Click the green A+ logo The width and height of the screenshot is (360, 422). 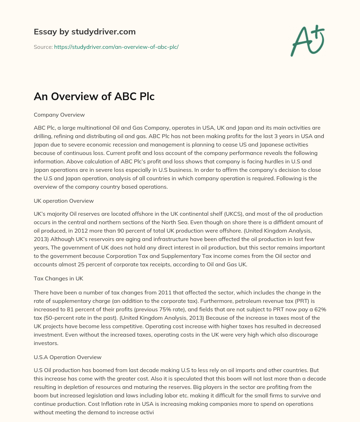307,41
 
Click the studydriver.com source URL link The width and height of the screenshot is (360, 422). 116,47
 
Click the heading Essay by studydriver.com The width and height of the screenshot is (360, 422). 84,32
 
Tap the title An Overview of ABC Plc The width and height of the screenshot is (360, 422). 94,97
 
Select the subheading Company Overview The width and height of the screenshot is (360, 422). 59,115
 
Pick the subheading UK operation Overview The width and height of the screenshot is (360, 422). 64,201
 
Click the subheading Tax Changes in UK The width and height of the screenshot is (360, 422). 58,279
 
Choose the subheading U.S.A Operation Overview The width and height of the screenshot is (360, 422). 67,357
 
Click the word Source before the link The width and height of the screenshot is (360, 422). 43,47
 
